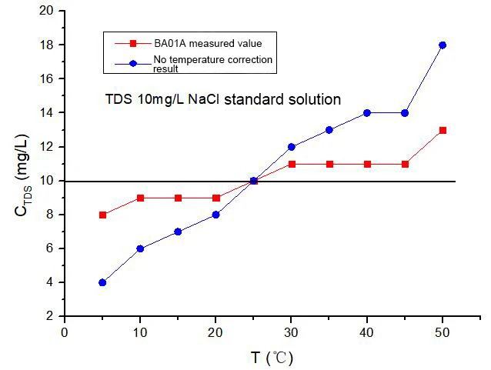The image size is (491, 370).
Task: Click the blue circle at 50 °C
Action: point(443,45)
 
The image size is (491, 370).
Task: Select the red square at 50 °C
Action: point(443,130)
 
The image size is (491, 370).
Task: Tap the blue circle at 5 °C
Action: point(102,282)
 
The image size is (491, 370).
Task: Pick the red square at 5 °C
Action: point(102,215)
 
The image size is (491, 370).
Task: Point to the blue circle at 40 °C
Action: point(367,113)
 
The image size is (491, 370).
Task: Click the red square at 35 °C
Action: point(329,165)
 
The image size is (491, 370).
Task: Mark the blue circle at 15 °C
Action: point(178,232)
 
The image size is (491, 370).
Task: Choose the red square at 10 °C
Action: point(140,198)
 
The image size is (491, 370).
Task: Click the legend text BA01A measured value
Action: point(208,44)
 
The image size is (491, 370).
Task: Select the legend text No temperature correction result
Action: point(213,64)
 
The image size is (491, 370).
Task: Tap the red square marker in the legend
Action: point(133,44)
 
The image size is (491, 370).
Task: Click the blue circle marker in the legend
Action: point(133,64)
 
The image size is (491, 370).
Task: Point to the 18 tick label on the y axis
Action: point(46,45)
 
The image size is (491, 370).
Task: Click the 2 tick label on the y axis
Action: point(50,316)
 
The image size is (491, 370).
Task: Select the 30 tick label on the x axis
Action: point(291,332)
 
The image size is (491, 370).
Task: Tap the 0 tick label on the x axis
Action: point(65,332)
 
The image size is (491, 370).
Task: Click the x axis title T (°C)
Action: point(272,358)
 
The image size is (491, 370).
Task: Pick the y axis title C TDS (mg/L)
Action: point(22,175)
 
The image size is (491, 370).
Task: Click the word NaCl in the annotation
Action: point(203,99)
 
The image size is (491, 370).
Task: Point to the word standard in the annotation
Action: point(254,99)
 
